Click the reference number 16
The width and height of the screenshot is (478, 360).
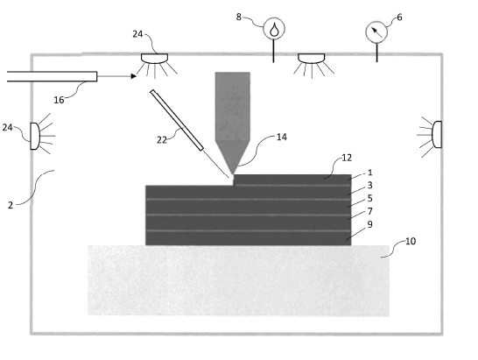click(59, 100)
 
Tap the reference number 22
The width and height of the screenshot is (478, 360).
click(162, 140)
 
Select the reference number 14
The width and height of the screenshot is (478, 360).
click(282, 137)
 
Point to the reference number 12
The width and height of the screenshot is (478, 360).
click(347, 158)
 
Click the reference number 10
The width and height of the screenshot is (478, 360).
click(411, 242)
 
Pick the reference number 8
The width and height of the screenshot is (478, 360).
click(239, 18)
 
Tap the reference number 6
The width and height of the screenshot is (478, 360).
click(400, 18)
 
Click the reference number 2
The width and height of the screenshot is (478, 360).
click(11, 205)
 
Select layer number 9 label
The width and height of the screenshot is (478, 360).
click(370, 224)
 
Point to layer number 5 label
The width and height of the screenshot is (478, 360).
click(370, 198)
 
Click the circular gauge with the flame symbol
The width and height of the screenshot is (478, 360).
click(274, 28)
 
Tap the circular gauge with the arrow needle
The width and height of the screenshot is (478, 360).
click(376, 32)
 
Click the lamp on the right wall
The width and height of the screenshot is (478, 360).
click(437, 135)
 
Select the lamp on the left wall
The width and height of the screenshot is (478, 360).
click(35, 136)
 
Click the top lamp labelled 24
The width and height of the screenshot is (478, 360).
click(155, 59)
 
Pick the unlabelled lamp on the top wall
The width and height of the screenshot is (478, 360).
click(312, 59)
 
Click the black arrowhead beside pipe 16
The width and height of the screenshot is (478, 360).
click(134, 76)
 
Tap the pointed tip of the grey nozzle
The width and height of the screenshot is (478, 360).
click(233, 173)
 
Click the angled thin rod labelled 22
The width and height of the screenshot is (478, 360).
click(177, 120)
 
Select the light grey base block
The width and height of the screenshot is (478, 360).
click(239, 280)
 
